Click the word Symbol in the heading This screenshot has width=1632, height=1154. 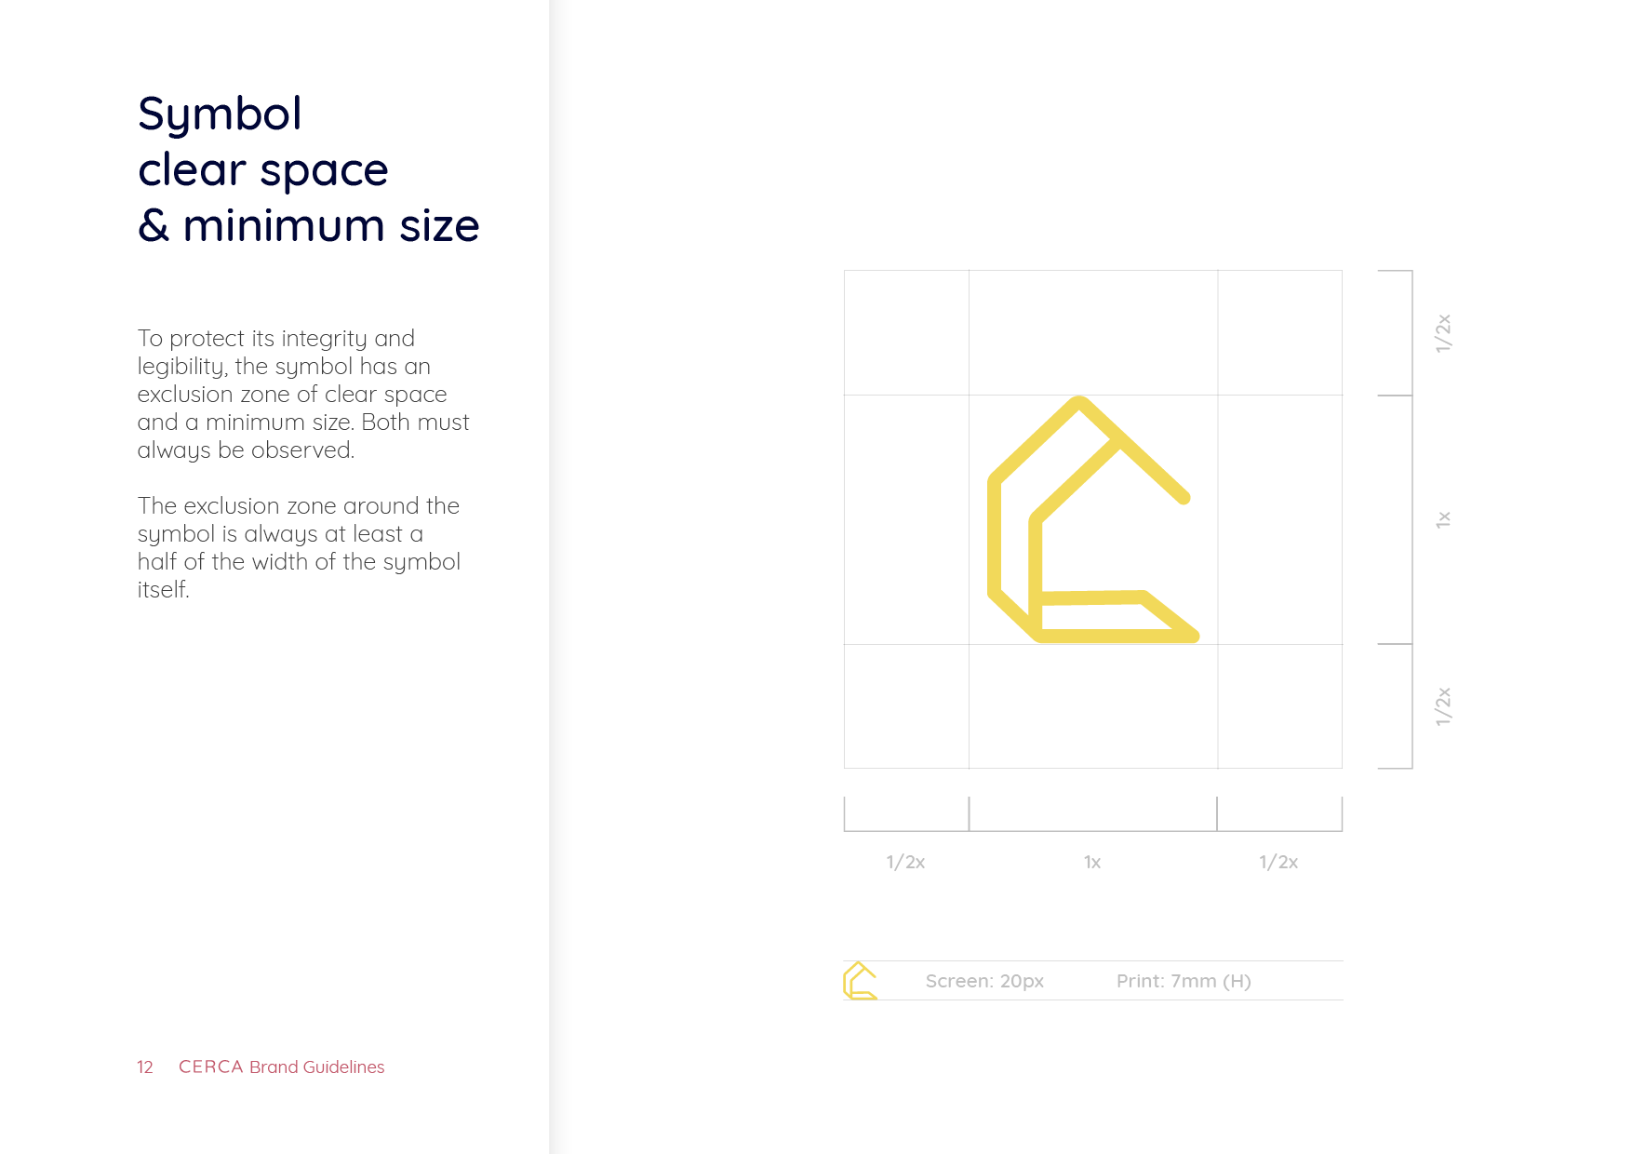pyautogui.click(x=220, y=115)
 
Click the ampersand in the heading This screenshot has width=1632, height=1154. pyautogui.click(x=154, y=225)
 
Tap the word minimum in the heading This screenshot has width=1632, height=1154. pyautogui.click(x=284, y=225)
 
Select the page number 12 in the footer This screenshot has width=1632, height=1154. pyautogui.click(x=145, y=1067)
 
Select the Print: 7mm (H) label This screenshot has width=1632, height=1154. pyautogui.click(x=1184, y=981)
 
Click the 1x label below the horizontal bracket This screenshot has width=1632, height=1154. pyautogui.click(x=1092, y=862)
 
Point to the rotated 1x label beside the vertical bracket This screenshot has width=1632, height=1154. pyautogui.click(x=1443, y=519)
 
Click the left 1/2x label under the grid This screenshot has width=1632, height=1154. pyautogui.click(x=905, y=862)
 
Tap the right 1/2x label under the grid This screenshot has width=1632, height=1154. pyautogui.click(x=1278, y=862)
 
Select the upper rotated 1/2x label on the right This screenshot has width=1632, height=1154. pyautogui.click(x=1443, y=333)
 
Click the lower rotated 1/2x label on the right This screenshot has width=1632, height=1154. pyautogui.click(x=1443, y=706)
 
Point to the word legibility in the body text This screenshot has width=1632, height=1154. pyautogui.click(x=182, y=367)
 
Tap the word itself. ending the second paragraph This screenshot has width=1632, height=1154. pyautogui.click(x=164, y=589)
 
